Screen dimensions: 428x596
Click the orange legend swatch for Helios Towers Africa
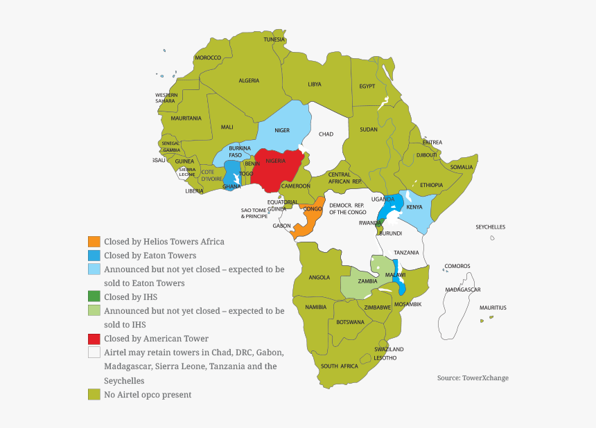tap(94, 242)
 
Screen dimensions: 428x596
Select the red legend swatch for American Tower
tap(94, 339)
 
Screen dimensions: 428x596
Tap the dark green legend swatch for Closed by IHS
tap(94, 297)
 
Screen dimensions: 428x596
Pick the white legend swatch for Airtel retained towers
tap(94, 353)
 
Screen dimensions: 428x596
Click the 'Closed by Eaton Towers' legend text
tap(150, 256)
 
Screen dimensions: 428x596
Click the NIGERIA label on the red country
tap(275, 161)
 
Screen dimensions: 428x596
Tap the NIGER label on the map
tap(282, 130)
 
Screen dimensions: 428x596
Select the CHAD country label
tap(326, 134)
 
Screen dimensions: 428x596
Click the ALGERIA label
tap(249, 81)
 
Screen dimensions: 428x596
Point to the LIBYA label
tap(315, 84)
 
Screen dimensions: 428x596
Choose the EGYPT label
tap(367, 87)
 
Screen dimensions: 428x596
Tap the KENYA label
tap(414, 207)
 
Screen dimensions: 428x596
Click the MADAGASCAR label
tap(462, 289)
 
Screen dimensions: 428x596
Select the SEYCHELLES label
tap(490, 227)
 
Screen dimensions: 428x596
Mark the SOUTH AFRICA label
tap(339, 366)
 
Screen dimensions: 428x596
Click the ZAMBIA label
tap(367, 281)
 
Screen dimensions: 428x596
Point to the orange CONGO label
tap(313, 208)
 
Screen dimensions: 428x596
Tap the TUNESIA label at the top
tap(274, 39)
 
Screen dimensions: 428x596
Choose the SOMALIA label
tap(462, 167)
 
